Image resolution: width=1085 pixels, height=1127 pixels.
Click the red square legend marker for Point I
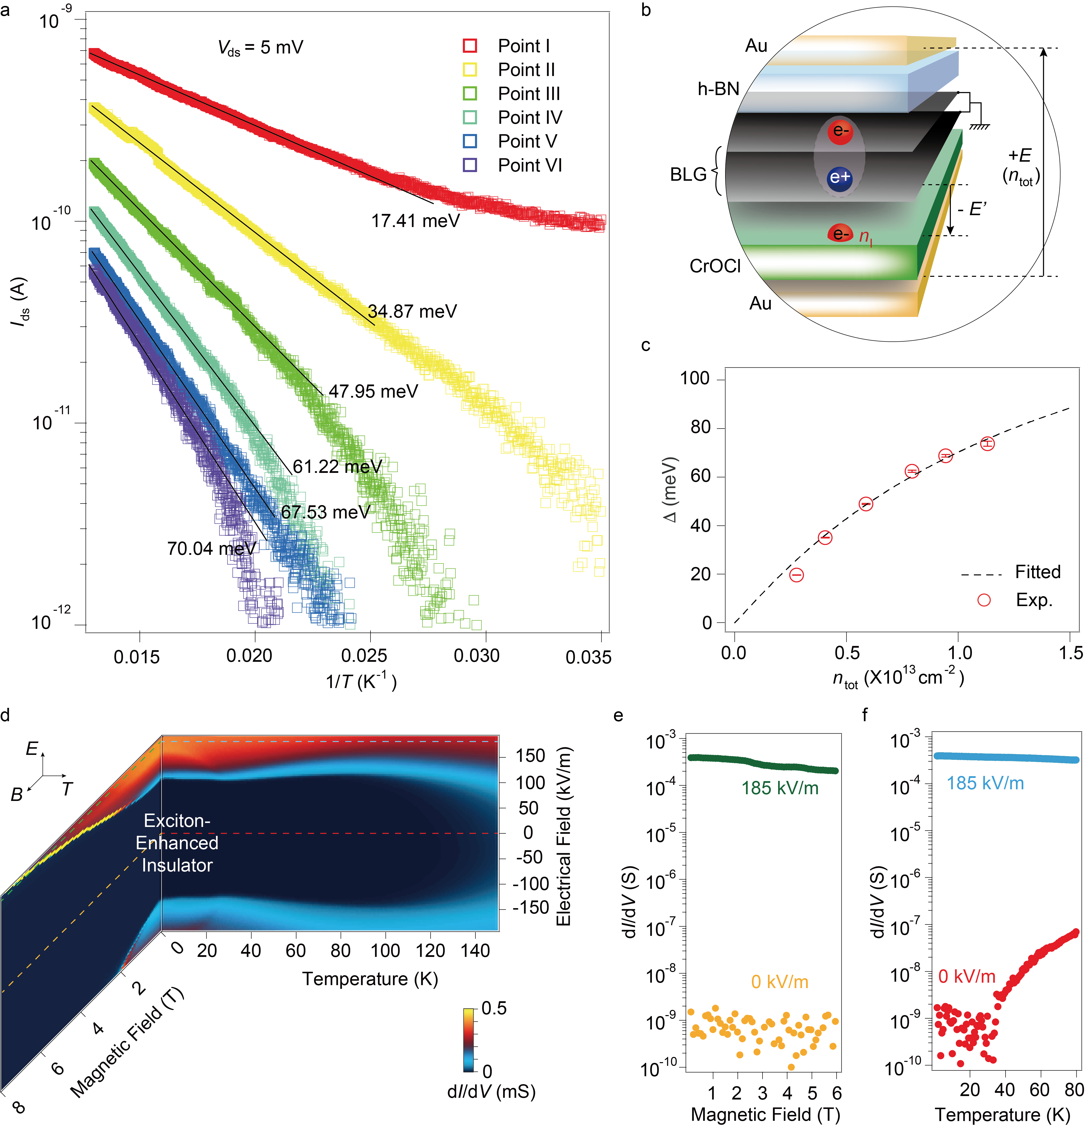(x=469, y=45)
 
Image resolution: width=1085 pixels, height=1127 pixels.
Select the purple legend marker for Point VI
(x=469, y=165)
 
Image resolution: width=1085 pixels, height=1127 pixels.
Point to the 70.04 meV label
(x=211, y=549)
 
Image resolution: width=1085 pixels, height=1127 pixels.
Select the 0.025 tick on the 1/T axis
(x=364, y=656)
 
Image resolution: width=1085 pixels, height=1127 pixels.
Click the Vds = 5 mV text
(x=260, y=47)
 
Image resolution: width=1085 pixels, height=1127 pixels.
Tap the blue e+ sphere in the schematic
(x=839, y=177)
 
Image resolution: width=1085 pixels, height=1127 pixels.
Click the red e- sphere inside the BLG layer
(x=839, y=131)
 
